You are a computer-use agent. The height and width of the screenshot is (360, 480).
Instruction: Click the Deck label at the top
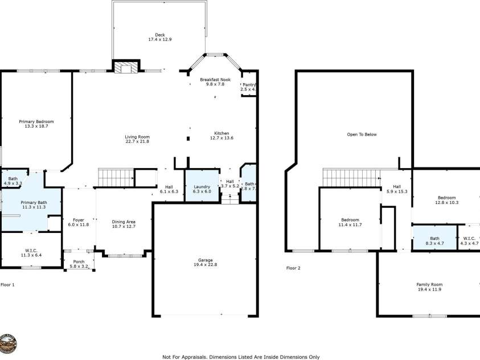pyautogui.click(x=160, y=35)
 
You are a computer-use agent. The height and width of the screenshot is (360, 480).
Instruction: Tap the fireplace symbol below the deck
pyautogui.click(x=125, y=68)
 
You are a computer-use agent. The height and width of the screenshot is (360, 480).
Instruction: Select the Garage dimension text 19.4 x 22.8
pyautogui.click(x=206, y=264)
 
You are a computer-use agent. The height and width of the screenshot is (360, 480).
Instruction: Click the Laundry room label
pyautogui.click(x=202, y=186)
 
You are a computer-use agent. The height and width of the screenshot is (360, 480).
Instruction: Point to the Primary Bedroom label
pyautogui.click(x=36, y=121)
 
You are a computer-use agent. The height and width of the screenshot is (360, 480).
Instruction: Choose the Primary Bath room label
pyautogui.click(x=34, y=202)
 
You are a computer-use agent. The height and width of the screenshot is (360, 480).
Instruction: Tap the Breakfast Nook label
pyautogui.click(x=216, y=79)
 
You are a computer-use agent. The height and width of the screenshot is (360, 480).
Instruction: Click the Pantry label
pyautogui.click(x=249, y=85)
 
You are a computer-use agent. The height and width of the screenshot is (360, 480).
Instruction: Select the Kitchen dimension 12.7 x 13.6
pyautogui.click(x=221, y=138)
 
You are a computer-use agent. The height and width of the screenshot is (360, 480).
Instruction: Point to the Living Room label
pyautogui.click(x=137, y=137)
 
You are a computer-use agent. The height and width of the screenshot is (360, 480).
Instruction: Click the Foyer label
pyautogui.click(x=79, y=220)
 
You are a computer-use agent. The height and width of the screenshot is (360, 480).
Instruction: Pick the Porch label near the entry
pyautogui.click(x=79, y=261)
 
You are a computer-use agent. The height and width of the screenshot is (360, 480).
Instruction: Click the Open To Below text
pyautogui.click(x=362, y=134)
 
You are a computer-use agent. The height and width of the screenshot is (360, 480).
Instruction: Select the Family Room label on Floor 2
pyautogui.click(x=429, y=284)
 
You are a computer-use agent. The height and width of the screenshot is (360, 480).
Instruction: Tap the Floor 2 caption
pyautogui.click(x=293, y=268)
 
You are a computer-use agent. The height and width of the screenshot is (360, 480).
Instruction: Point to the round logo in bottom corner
pyautogui.click(x=8, y=343)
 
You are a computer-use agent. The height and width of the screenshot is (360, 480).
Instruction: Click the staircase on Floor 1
pyautogui.click(x=116, y=177)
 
